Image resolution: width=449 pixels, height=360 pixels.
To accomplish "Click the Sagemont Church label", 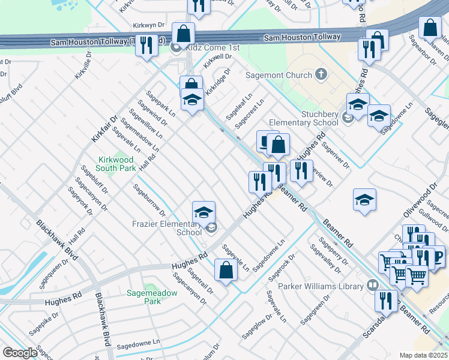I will click(279, 75).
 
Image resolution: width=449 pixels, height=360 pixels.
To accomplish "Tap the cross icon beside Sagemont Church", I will click(321, 74).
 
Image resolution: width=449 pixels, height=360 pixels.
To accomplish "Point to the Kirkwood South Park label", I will click(117, 164).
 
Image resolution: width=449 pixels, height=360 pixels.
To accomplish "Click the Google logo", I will click(20, 352).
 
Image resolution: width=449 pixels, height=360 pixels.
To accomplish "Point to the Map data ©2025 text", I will click(422, 355).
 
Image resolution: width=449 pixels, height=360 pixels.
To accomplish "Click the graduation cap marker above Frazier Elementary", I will click(203, 212).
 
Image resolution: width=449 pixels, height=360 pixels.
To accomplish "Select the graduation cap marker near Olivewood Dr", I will click(364, 199).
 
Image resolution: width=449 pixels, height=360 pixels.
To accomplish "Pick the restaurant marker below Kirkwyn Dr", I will click(146, 46).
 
